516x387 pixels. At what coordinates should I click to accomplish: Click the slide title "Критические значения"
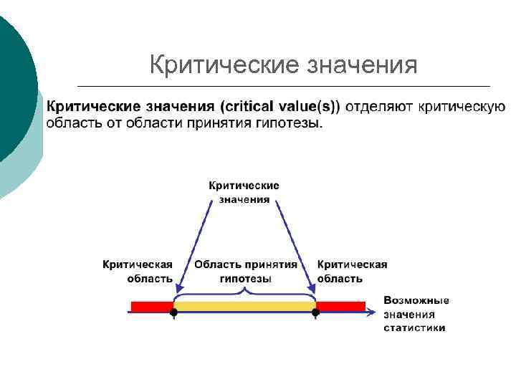[x=283, y=65]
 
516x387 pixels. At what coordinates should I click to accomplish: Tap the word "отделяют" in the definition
[x=378, y=107]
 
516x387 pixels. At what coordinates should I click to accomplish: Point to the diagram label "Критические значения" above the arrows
[x=244, y=192]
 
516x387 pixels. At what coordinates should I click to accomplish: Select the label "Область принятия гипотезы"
[x=245, y=271]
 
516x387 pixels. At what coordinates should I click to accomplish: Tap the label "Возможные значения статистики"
[x=416, y=313]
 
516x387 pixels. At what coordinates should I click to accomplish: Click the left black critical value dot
[x=173, y=312]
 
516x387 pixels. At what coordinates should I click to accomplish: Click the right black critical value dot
[x=315, y=312]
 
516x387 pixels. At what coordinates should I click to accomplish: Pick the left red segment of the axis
[x=151, y=307]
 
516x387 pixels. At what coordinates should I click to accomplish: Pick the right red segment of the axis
[x=340, y=307]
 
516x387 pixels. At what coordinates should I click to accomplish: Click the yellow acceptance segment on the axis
[x=244, y=307]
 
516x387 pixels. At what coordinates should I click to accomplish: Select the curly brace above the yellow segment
[x=244, y=294]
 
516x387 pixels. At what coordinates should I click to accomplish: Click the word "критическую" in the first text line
[x=462, y=107]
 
